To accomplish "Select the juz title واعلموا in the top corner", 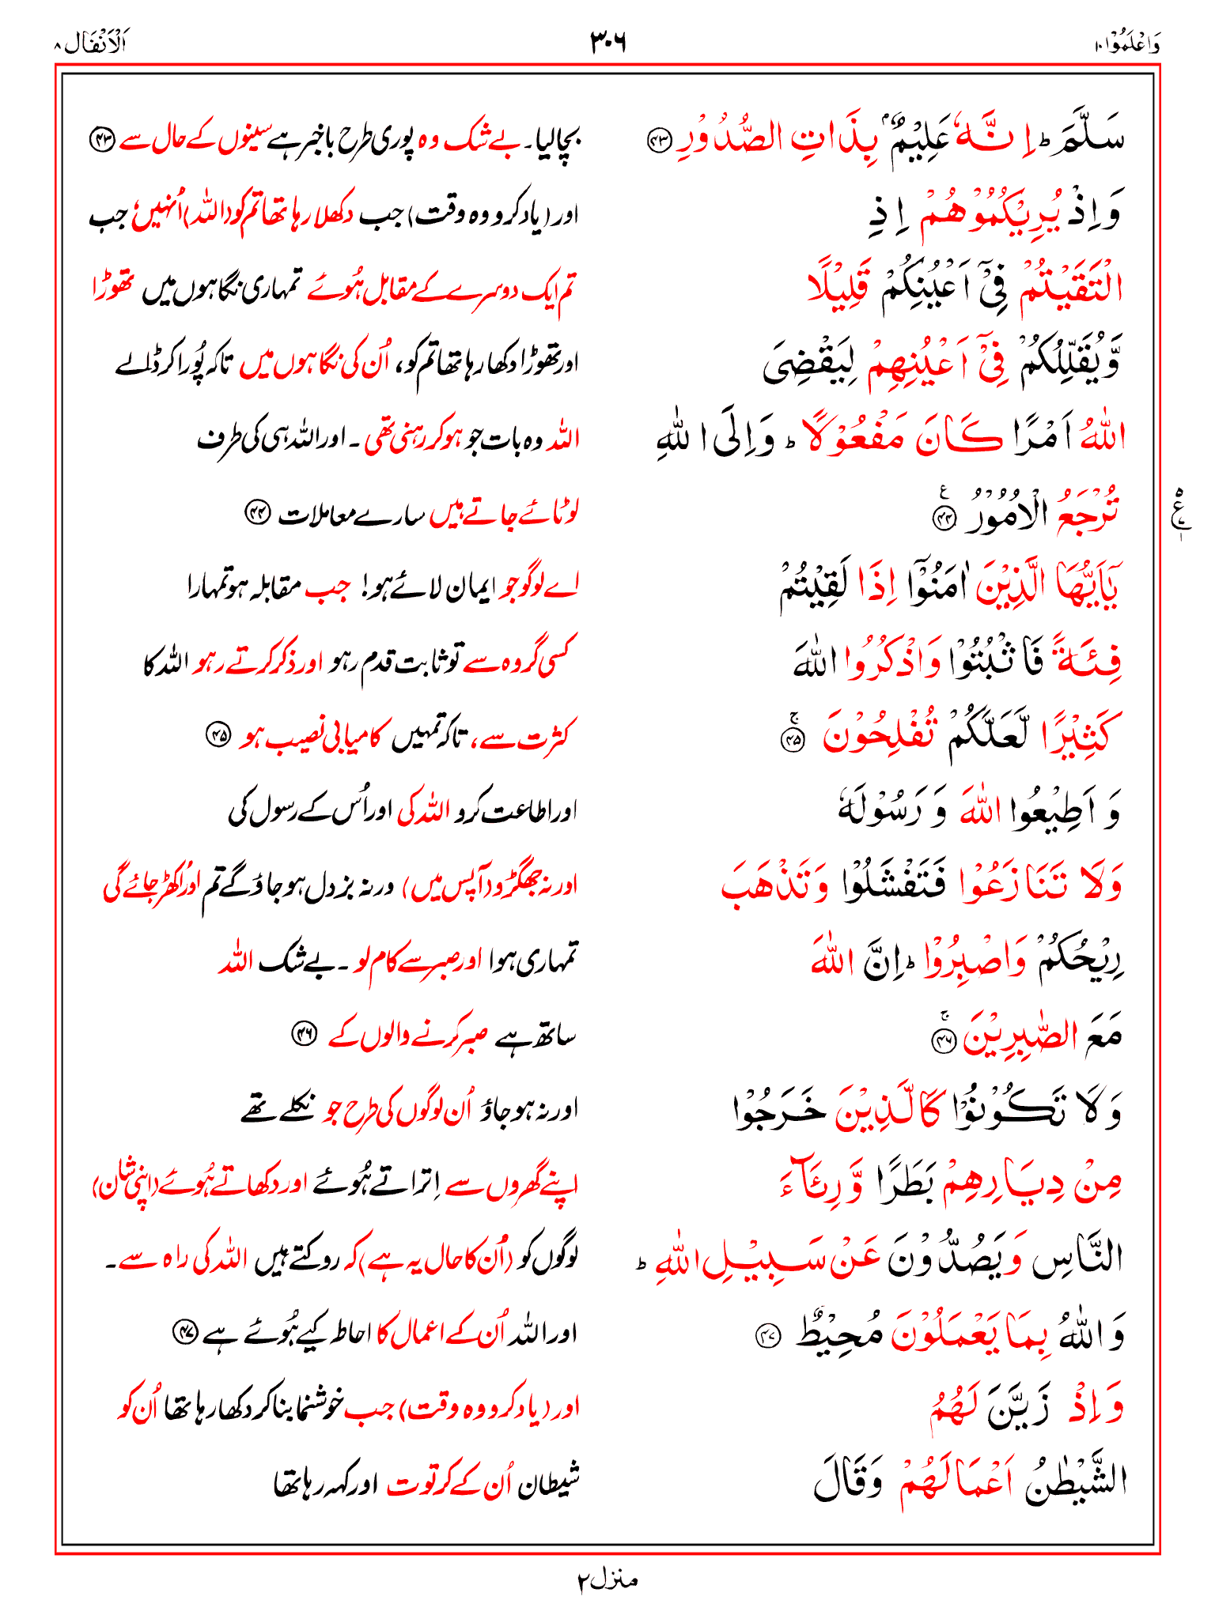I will [1128, 45].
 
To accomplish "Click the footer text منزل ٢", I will [607, 1580].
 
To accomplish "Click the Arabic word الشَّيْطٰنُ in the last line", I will [1076, 1480].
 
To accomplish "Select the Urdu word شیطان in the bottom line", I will [551, 1483].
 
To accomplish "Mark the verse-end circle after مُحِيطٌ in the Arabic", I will [768, 1336].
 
